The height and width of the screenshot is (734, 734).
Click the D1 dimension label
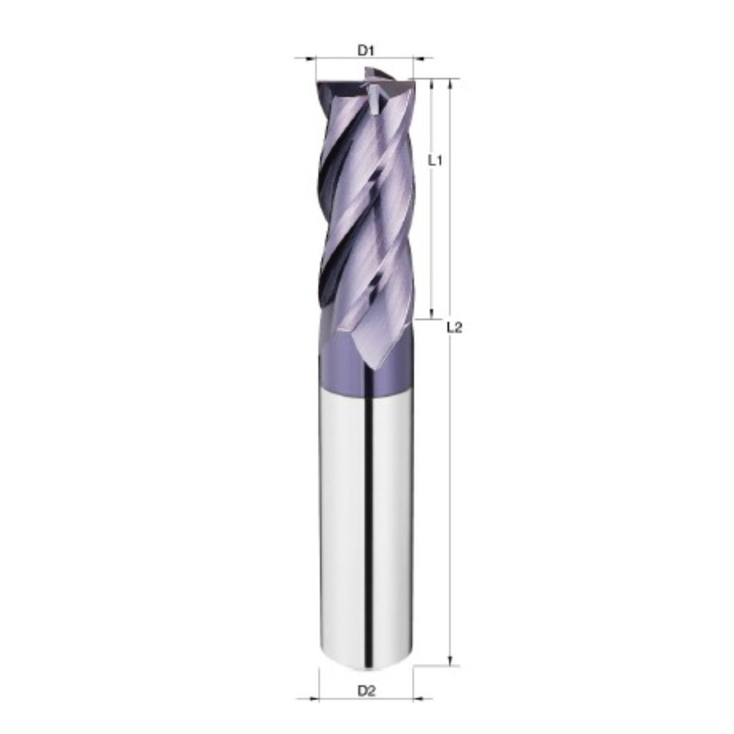point(366,50)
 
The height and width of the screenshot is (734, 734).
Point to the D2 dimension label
point(366,691)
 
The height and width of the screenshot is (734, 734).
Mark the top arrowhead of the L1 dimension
point(432,84)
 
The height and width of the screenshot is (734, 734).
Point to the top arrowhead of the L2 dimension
point(449,84)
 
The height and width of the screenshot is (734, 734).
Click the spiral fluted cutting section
point(364,204)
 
